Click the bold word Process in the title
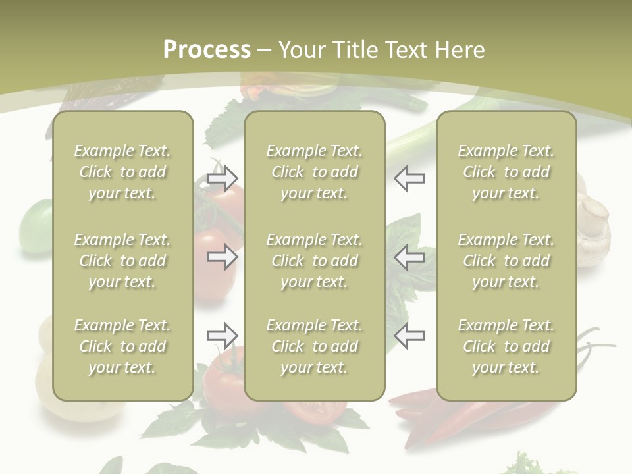pyautogui.click(x=207, y=50)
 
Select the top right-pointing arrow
pyautogui.click(x=222, y=178)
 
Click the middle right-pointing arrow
pyautogui.click(x=222, y=257)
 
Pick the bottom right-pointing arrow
pyautogui.click(x=222, y=336)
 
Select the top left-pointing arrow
pyautogui.click(x=409, y=178)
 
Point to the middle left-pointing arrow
pyautogui.click(x=409, y=257)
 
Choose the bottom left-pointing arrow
pyautogui.click(x=409, y=336)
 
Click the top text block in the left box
pyautogui.click(x=122, y=172)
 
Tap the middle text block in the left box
pyautogui.click(x=122, y=261)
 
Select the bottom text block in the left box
pyautogui.click(x=122, y=346)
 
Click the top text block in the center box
pyautogui.click(x=314, y=172)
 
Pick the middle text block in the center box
pyautogui.click(x=314, y=261)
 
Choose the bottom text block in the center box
pyautogui.click(x=314, y=346)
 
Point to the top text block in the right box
pyautogui.click(x=506, y=172)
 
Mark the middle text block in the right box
pyautogui.click(x=506, y=261)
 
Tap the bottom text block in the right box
pyautogui.click(x=506, y=346)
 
